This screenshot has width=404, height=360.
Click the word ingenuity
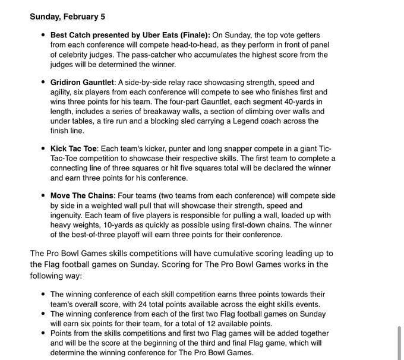click(x=71, y=214)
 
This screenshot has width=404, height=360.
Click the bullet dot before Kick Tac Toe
click(x=43, y=148)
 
